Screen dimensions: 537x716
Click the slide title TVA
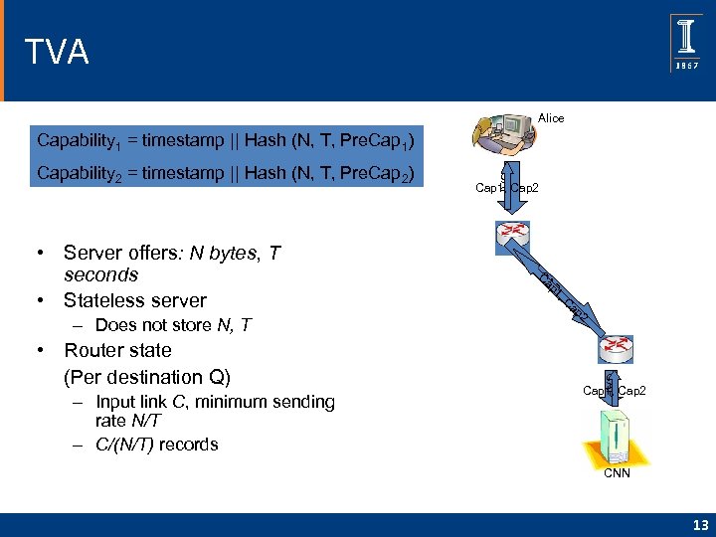57,52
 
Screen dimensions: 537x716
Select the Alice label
550,118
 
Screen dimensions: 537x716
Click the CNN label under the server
619,473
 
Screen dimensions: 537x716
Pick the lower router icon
615,348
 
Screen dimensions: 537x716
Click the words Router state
117,350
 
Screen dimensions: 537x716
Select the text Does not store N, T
174,325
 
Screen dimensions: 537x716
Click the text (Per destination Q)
147,377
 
